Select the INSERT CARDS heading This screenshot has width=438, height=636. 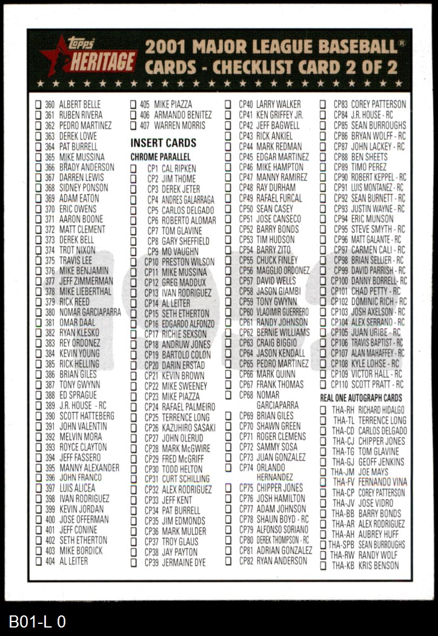[x=164, y=143]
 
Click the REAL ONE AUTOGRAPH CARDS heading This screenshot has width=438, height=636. [x=361, y=398]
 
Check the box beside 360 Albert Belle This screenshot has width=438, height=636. [x=38, y=104]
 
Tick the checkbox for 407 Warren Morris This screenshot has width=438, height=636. [x=134, y=126]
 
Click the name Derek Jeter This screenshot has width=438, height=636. [x=181, y=189]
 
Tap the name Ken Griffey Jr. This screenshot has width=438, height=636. [x=280, y=114]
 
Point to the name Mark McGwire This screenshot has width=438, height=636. [x=186, y=449]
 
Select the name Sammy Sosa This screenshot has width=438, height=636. [x=277, y=447]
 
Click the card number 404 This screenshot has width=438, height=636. [x=50, y=561]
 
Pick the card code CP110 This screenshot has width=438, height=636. [x=339, y=385]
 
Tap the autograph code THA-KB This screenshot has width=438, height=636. [x=343, y=566]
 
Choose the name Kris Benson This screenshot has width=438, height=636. [x=379, y=566]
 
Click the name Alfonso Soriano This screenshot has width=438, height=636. [x=282, y=529]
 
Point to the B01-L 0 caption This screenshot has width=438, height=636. [x=37, y=622]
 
